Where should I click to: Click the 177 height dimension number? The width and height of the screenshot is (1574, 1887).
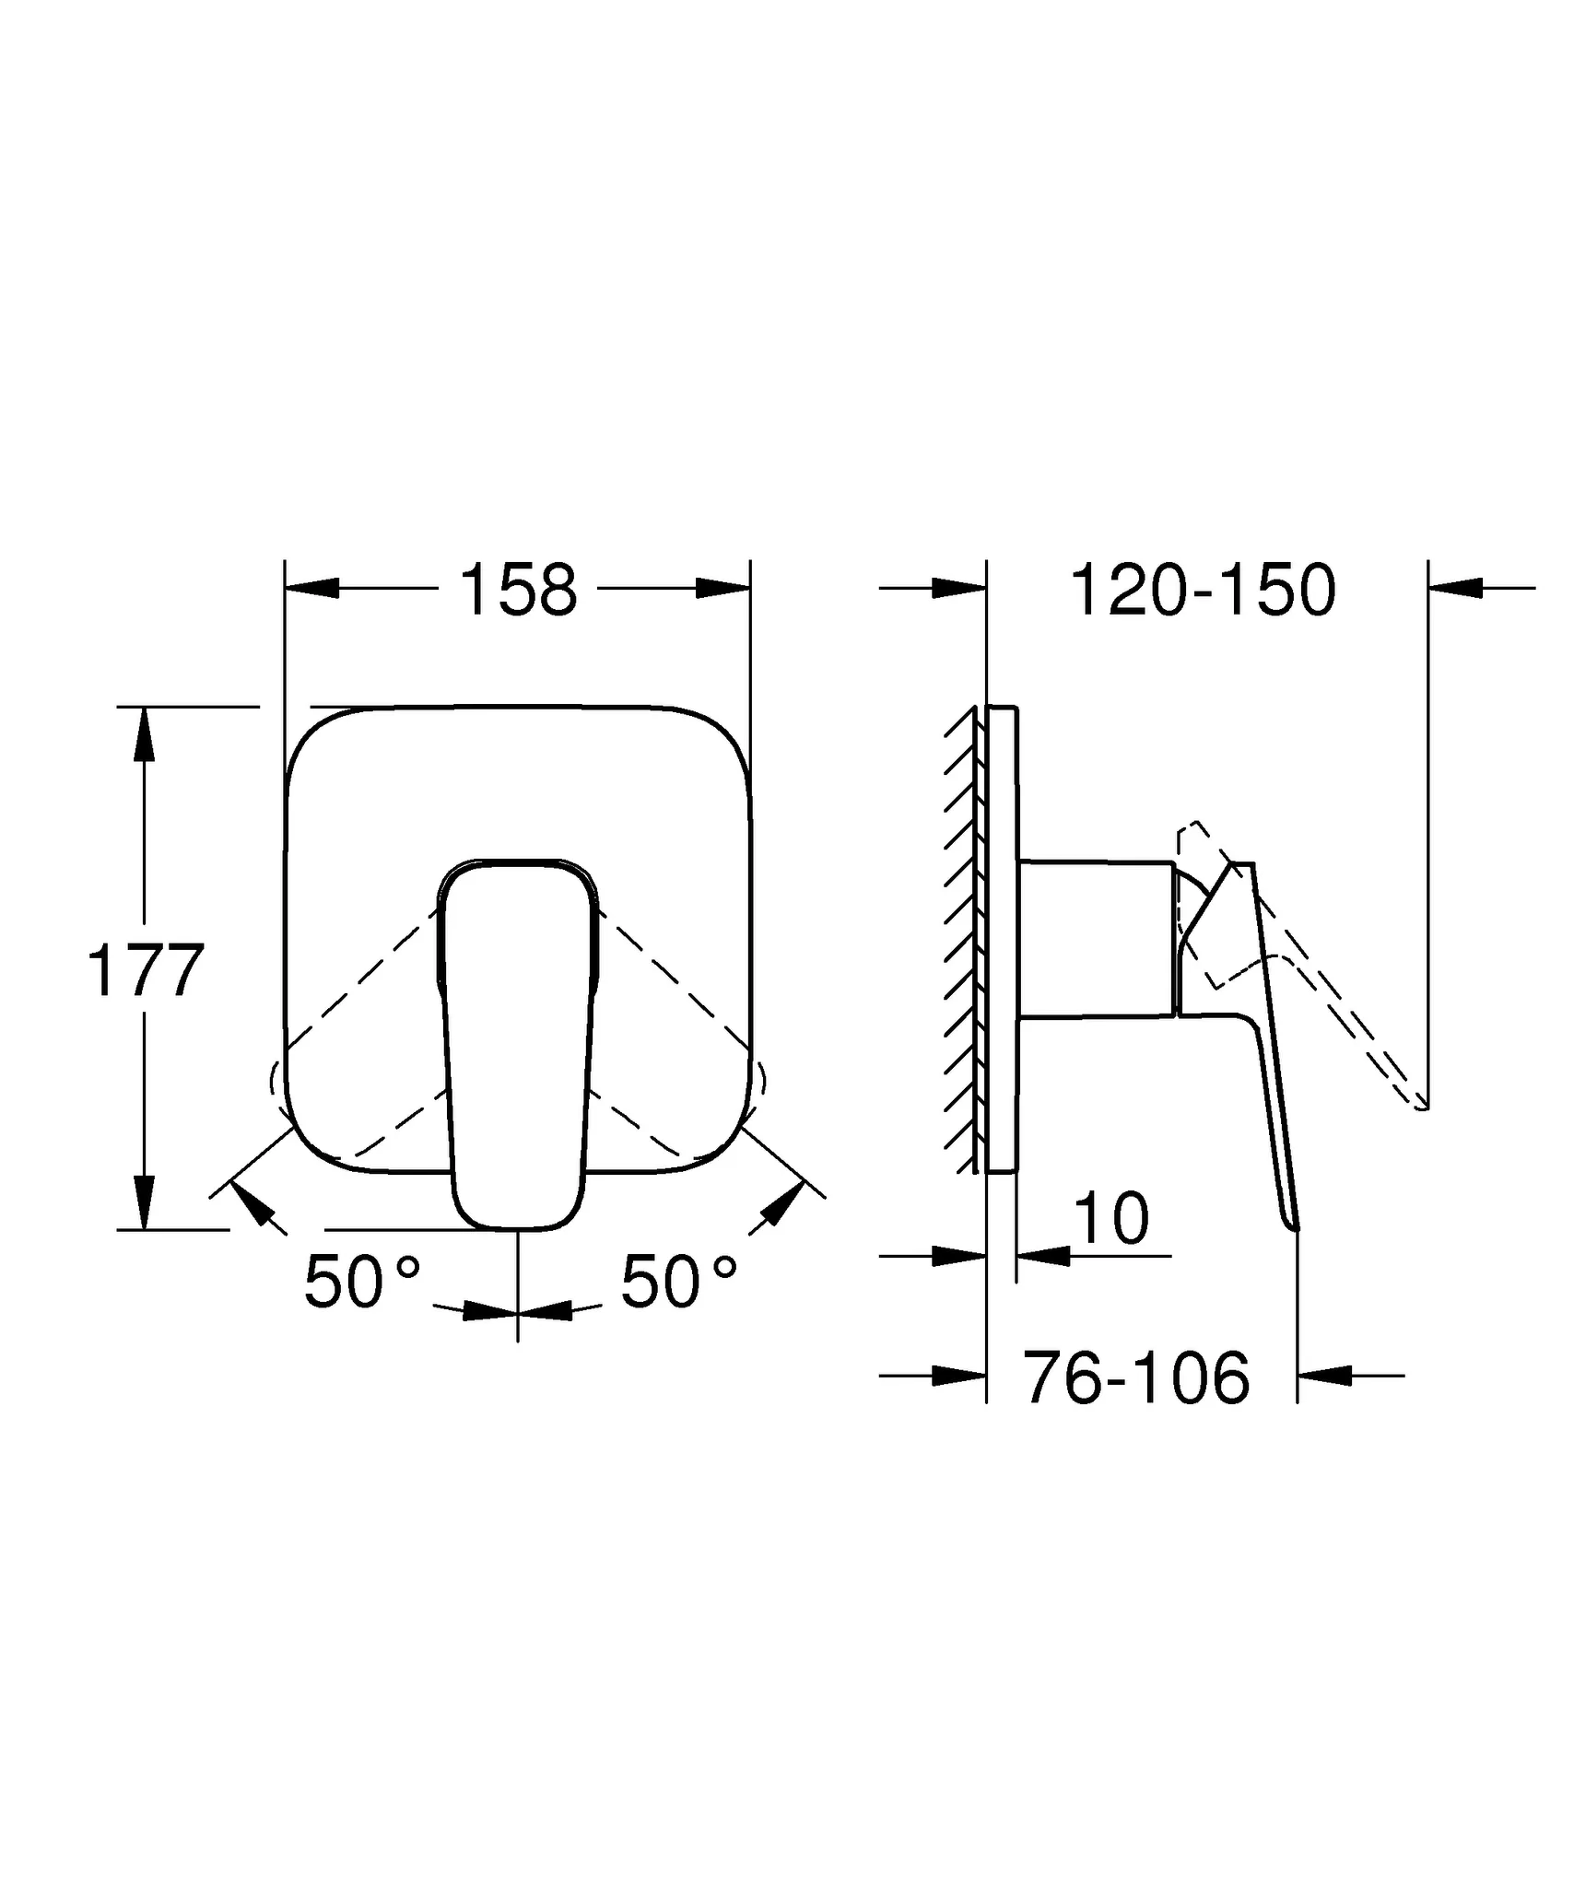(145, 970)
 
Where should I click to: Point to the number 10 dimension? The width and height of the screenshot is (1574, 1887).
(1112, 1218)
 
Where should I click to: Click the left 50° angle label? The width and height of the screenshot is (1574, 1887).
(361, 1283)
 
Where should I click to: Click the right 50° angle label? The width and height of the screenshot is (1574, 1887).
(678, 1283)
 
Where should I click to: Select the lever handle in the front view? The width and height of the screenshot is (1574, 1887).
(518, 1041)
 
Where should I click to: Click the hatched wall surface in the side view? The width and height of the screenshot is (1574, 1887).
(962, 940)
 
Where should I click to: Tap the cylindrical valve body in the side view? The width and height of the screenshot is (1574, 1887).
(1097, 940)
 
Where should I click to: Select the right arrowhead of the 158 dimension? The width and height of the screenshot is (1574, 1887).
(723, 588)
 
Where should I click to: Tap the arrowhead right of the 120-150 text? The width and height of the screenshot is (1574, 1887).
(1456, 587)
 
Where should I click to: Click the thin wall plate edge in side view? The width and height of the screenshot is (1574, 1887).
(1002, 940)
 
